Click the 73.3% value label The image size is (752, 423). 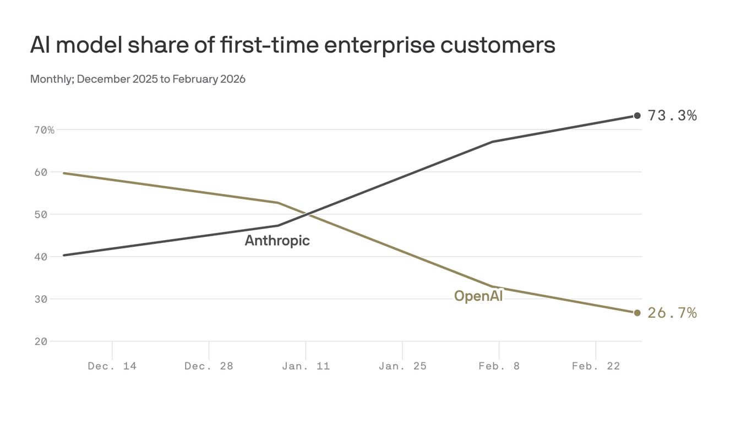pyautogui.click(x=672, y=116)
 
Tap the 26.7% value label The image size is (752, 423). pyautogui.click(x=672, y=313)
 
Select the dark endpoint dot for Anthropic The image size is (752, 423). pyautogui.click(x=637, y=116)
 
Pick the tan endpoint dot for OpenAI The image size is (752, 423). pyautogui.click(x=637, y=313)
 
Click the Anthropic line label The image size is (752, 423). pyautogui.click(x=277, y=241)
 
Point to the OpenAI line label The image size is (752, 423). pyautogui.click(x=478, y=296)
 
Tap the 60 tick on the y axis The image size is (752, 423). pyautogui.click(x=41, y=172)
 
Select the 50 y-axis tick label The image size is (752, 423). pyautogui.click(x=41, y=214)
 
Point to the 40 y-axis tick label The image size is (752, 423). pyautogui.click(x=41, y=257)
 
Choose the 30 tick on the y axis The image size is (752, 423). pyautogui.click(x=41, y=299)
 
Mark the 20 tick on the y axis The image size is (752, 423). pyautogui.click(x=41, y=341)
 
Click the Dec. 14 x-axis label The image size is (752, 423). pyautogui.click(x=112, y=366)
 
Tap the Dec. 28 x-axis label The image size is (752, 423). pyautogui.click(x=209, y=366)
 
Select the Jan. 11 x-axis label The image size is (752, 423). pyautogui.click(x=306, y=366)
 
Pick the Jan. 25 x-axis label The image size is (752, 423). pyautogui.click(x=402, y=366)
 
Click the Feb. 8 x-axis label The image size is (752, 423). pyautogui.click(x=499, y=366)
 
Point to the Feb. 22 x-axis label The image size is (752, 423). pyautogui.click(x=596, y=366)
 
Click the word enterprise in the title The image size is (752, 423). pyautogui.click(x=379, y=45)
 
